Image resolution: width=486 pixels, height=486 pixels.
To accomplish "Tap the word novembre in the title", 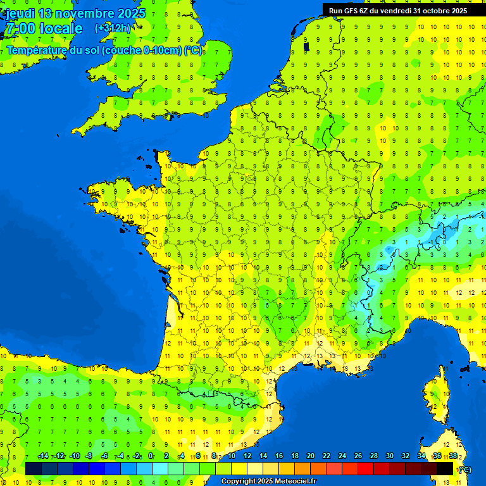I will pyautogui.click(x=84, y=13).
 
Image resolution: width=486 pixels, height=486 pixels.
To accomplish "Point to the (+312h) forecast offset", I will pyautogui.click(x=113, y=28).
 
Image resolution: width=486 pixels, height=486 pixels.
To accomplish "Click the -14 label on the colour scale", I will pyautogui.click(x=43, y=456).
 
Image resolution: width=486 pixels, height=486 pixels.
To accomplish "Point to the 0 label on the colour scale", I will pyautogui.click(x=151, y=456).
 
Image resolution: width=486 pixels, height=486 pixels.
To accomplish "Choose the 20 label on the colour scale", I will pyautogui.click(x=310, y=456).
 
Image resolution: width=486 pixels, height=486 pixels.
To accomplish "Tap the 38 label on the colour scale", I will pyautogui.click(x=453, y=456).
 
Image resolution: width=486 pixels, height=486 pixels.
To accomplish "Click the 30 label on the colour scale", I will pyautogui.click(x=389, y=456).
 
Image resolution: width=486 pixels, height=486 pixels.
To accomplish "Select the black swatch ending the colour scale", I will pyautogui.click(x=445, y=468).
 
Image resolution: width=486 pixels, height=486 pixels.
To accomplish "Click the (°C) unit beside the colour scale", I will pyautogui.click(x=464, y=469).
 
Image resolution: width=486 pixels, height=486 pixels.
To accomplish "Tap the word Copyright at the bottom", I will pyautogui.click(x=238, y=481).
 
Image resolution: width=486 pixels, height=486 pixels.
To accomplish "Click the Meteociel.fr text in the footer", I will pyautogui.click(x=294, y=481).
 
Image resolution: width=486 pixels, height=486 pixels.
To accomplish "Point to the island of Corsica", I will pyautogui.click(x=437, y=402).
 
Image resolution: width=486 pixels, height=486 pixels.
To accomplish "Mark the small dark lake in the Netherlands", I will pyautogui.click(x=306, y=46).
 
